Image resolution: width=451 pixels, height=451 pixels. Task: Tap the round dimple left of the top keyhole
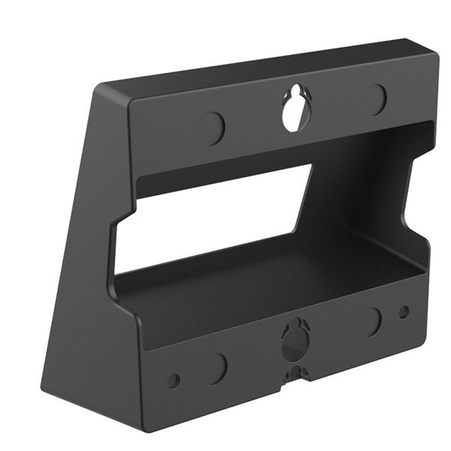(212, 129)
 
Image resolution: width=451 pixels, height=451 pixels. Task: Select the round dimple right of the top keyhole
(375, 99)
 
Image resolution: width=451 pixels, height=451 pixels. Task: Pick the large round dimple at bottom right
(371, 321)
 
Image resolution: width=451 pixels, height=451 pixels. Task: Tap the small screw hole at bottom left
(174, 380)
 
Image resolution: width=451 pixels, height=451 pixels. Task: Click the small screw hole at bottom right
(404, 311)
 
